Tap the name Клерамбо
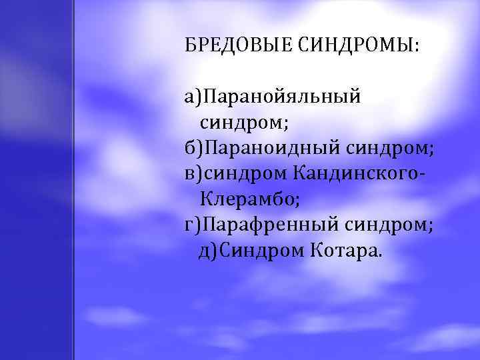coord(247,198)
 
